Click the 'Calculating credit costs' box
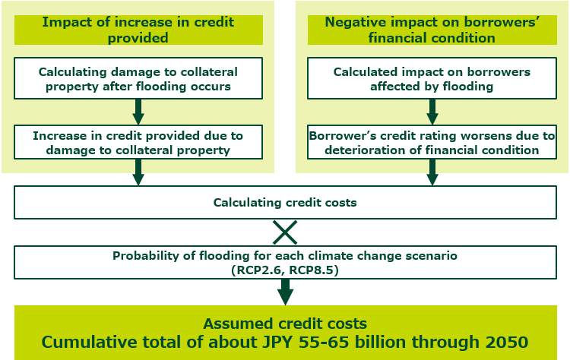285,202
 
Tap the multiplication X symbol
285,232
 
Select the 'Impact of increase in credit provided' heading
138,30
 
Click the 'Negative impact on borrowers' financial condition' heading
432,30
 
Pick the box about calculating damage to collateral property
138,78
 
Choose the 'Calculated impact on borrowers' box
432,78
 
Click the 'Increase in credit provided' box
138,142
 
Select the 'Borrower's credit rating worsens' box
432,142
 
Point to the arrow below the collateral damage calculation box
138,112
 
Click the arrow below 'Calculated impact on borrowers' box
432,112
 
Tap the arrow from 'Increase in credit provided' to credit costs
138,172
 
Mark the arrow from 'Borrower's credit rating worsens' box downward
432,172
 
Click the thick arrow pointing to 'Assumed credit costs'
285,292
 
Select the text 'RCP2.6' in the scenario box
258,270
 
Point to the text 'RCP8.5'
311,270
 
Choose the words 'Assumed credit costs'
285,324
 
